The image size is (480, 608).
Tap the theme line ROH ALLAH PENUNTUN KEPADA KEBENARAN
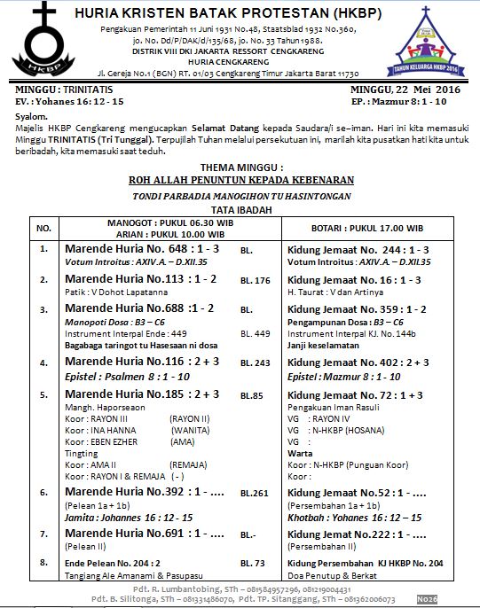click(x=240, y=179)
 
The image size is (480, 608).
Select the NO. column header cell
click(x=43, y=229)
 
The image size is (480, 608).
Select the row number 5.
click(x=43, y=393)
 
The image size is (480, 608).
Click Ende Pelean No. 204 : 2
click(x=113, y=563)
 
